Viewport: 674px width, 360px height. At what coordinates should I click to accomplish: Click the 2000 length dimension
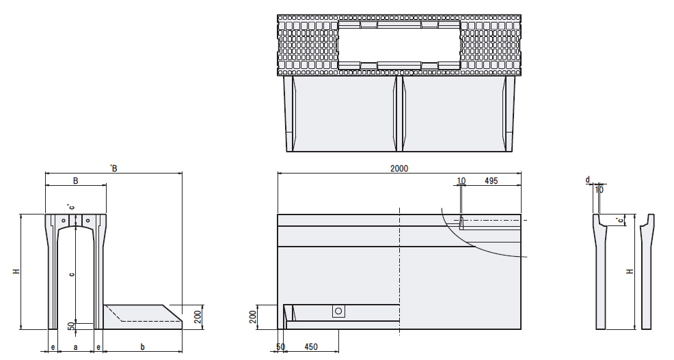(399, 169)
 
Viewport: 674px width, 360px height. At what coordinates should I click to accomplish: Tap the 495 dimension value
(491, 181)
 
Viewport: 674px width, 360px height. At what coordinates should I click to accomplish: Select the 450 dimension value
(311, 347)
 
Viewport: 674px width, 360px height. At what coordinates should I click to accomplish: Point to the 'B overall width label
(113, 168)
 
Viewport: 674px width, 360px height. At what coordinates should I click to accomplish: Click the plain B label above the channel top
(76, 180)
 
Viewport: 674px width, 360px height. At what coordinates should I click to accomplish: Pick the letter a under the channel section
(76, 347)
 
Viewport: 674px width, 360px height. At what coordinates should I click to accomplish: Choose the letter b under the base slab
(143, 347)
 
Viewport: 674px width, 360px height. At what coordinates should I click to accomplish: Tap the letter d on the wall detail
(588, 180)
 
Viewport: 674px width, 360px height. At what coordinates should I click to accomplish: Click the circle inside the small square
(338, 311)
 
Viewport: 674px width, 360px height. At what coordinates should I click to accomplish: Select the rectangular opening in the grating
(399, 44)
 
